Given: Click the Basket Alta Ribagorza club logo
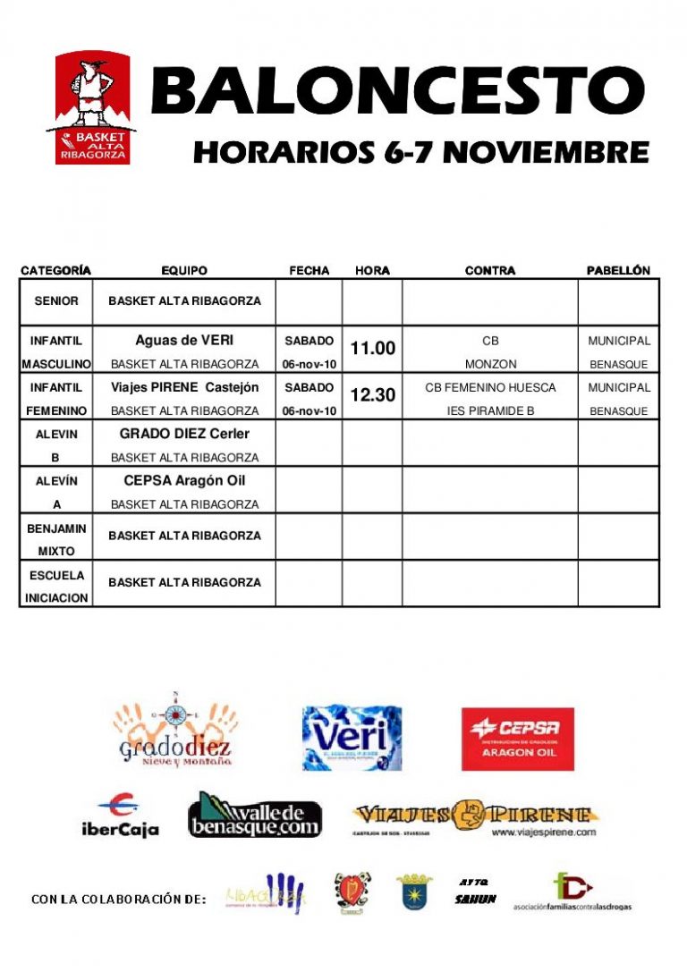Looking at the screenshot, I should click(93, 108).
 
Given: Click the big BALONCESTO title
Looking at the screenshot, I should click(397, 91).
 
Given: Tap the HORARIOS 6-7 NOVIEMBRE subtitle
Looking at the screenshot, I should click(420, 152).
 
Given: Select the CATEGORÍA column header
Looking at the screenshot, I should click(55, 270).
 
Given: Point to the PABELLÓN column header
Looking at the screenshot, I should click(618, 270).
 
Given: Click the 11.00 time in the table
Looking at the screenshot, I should click(372, 349).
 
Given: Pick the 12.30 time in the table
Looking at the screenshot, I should click(372, 395).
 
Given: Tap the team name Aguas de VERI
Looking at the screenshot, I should click(184, 341).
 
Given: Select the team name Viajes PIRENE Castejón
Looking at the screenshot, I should click(184, 387).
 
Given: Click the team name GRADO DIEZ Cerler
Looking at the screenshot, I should click(184, 434).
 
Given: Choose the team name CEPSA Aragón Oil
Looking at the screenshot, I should click(184, 480).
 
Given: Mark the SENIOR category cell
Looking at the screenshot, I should click(56, 301).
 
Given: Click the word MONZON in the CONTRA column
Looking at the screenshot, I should click(489, 365).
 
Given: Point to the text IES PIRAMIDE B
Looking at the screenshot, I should click(489, 411).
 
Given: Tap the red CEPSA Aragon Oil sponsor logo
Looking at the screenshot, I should click(517, 739).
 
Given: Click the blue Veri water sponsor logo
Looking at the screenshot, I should click(352, 739).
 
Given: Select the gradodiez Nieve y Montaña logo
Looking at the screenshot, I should click(175, 731).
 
